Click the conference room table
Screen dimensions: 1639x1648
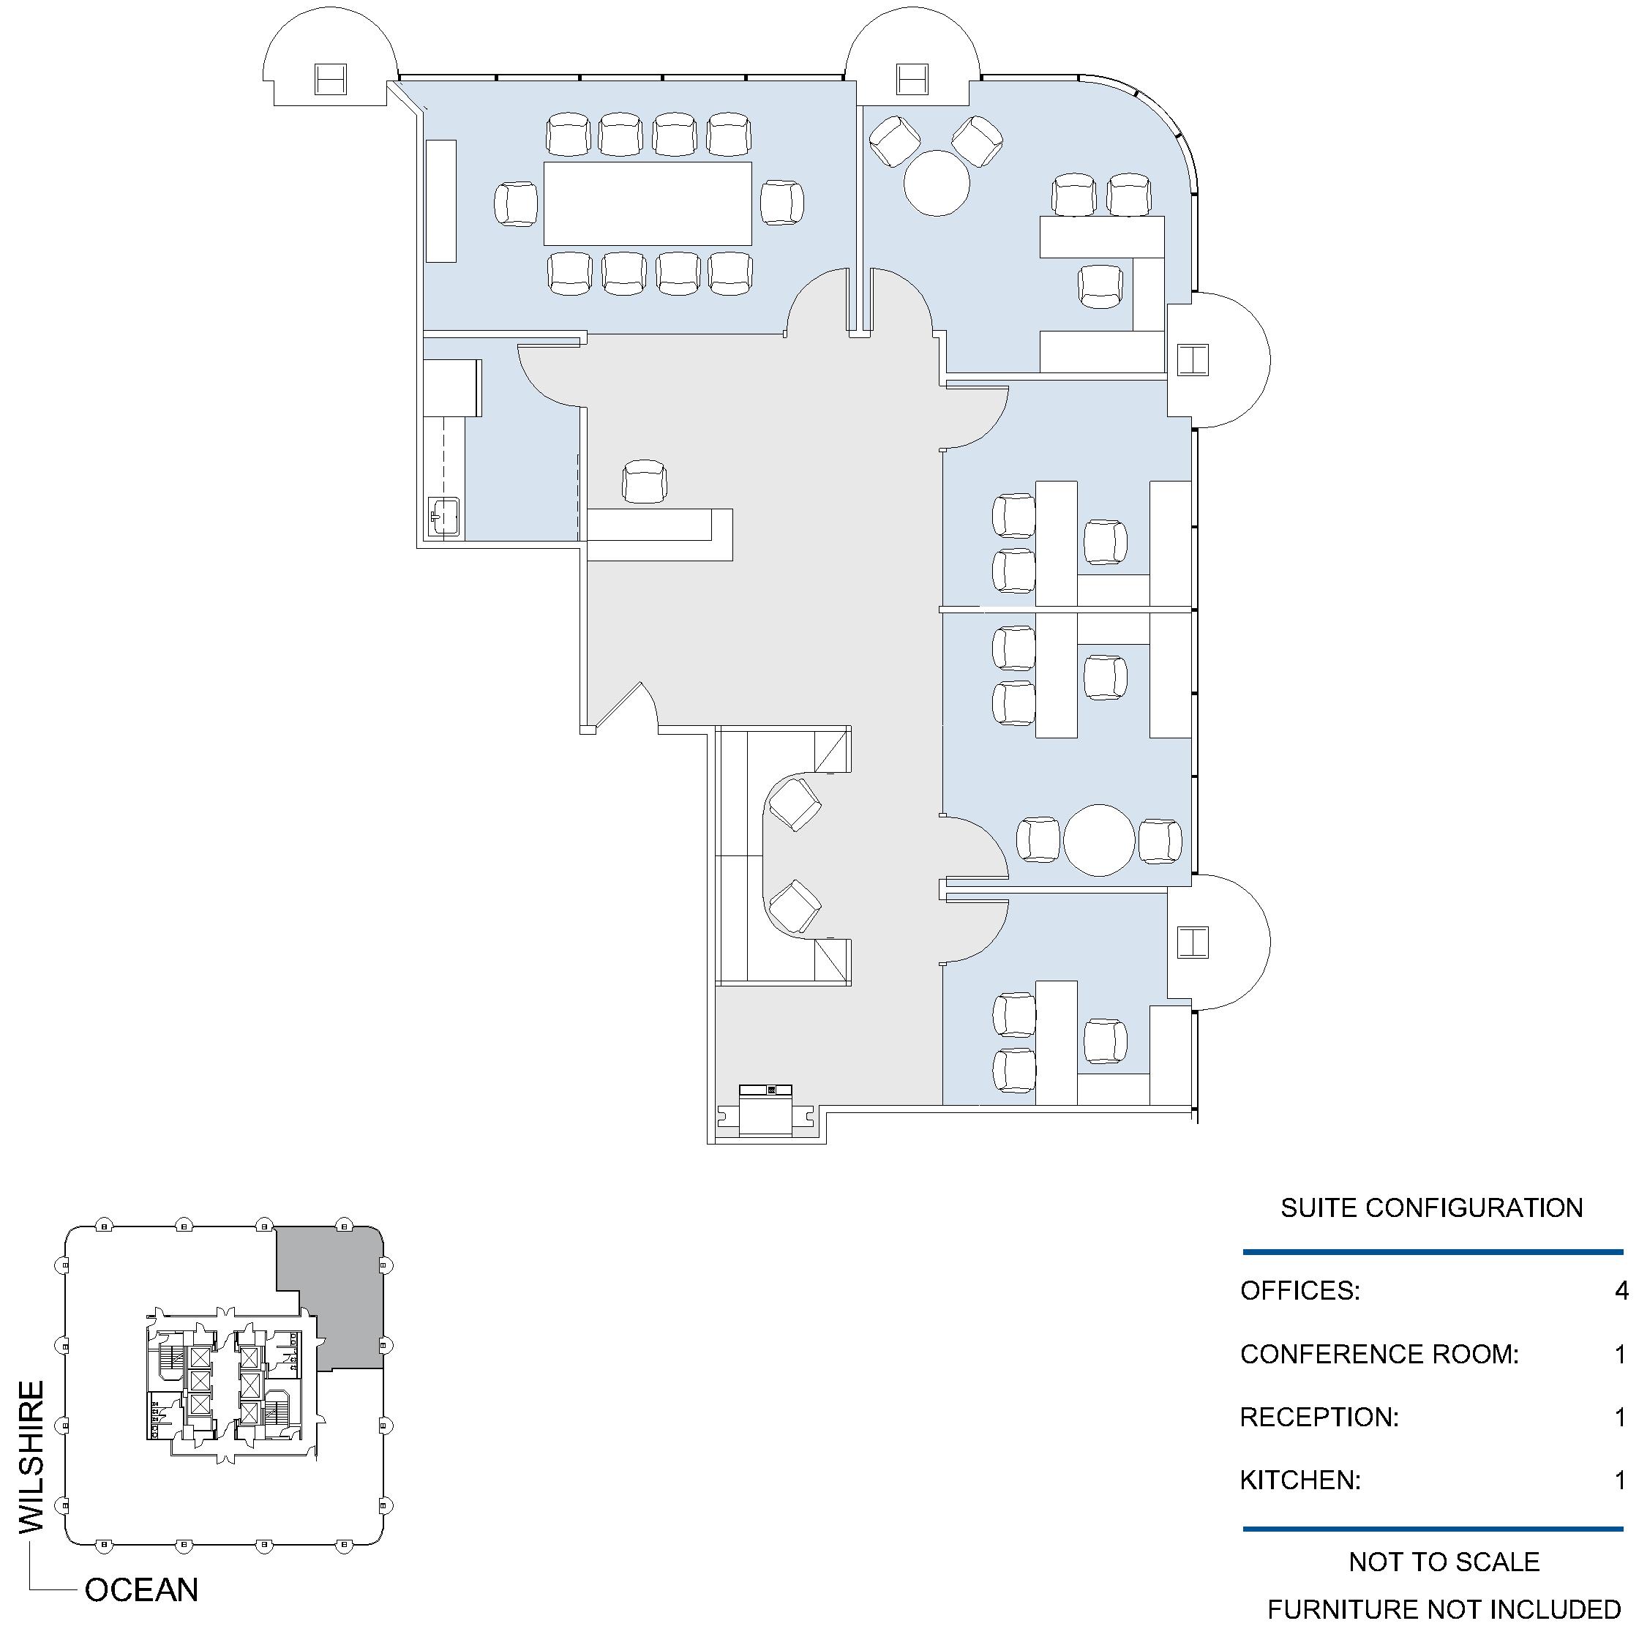click(x=648, y=203)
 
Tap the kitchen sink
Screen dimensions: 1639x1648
click(x=444, y=517)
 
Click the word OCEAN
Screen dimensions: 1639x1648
click(x=141, y=1590)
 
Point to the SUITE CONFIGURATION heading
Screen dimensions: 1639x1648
click(x=1432, y=1208)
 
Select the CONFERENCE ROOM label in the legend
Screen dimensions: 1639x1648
click(x=1379, y=1354)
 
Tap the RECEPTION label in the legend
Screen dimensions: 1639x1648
click(x=1319, y=1417)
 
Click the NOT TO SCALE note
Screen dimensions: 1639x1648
click(x=1444, y=1562)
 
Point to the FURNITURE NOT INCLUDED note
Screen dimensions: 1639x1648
click(x=1444, y=1610)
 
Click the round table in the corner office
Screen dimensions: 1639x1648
click(x=937, y=182)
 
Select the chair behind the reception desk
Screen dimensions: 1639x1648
click(x=644, y=482)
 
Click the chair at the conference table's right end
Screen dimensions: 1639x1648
click(x=782, y=202)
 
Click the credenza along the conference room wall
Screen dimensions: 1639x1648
click(x=441, y=201)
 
